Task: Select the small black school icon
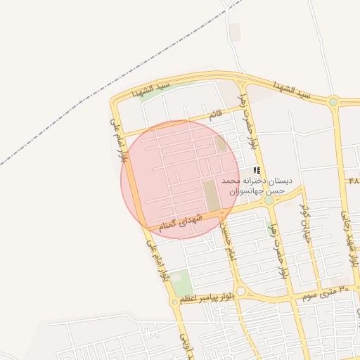(257, 170)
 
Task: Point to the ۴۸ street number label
(353, 180)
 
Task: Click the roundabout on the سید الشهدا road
(333, 103)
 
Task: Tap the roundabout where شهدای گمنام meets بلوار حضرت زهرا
(269, 200)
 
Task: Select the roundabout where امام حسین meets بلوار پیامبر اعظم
(240, 291)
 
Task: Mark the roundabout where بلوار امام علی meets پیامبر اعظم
(174, 302)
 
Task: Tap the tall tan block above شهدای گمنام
(210, 195)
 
